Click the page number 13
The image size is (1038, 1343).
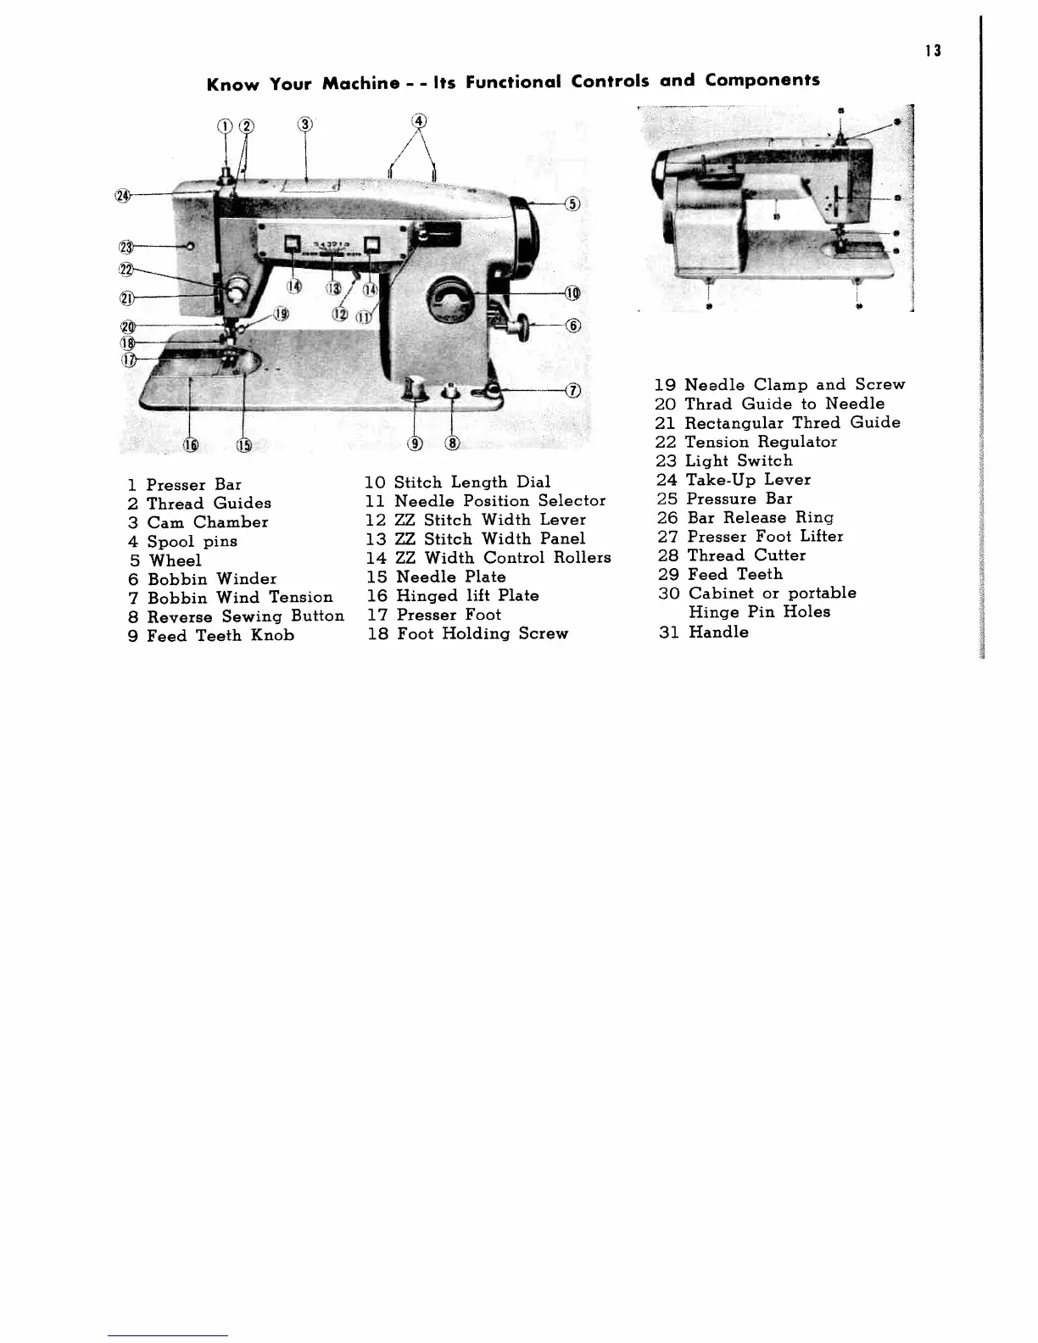pyautogui.click(x=933, y=51)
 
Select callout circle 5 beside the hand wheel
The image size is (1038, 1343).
pyautogui.click(x=572, y=203)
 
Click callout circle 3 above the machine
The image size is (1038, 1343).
pyautogui.click(x=305, y=125)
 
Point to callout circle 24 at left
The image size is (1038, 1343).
pyautogui.click(x=123, y=196)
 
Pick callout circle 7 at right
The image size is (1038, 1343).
pyautogui.click(x=573, y=390)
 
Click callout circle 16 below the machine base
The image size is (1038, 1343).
pyautogui.click(x=191, y=443)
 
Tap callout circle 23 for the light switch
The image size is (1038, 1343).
pyautogui.click(x=126, y=247)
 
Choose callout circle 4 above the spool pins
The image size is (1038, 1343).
pyautogui.click(x=419, y=120)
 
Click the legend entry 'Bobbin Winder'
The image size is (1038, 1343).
pyautogui.click(x=211, y=579)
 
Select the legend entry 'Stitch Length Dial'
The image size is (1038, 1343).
pyautogui.click(x=472, y=482)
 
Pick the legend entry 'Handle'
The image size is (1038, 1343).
pyautogui.click(x=717, y=632)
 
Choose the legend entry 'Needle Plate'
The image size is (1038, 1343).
pyautogui.click(x=450, y=577)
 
